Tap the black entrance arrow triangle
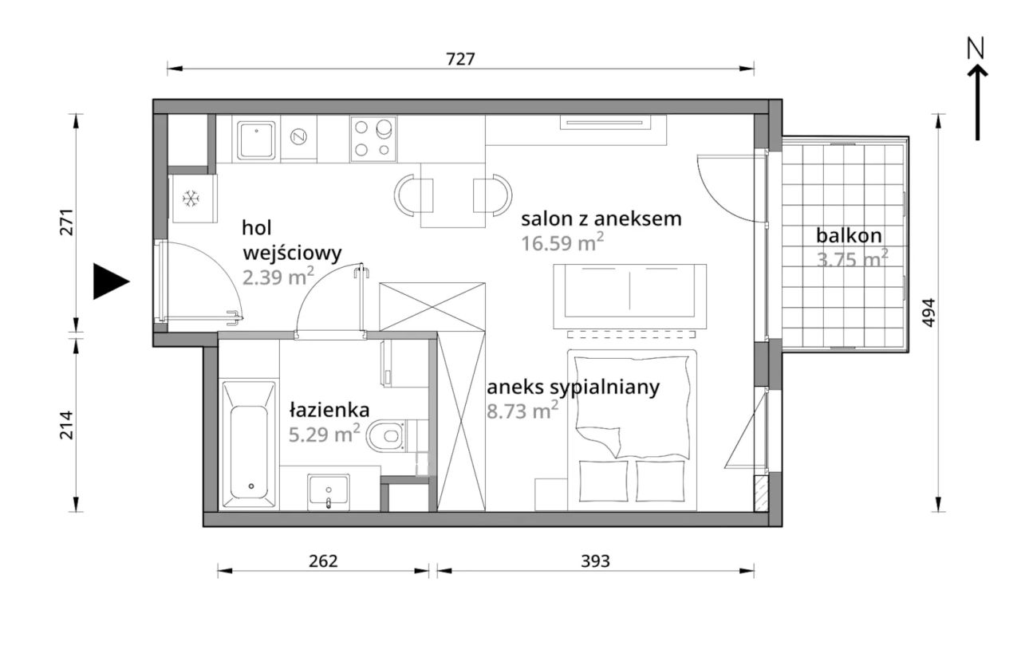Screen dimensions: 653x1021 (x=110, y=281)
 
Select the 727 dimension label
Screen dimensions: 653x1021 (x=460, y=59)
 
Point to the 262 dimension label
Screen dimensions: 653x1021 (x=323, y=561)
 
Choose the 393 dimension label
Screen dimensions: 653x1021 (x=595, y=561)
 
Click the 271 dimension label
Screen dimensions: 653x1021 (x=65, y=222)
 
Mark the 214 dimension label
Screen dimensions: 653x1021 (x=65, y=425)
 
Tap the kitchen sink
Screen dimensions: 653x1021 (x=257, y=140)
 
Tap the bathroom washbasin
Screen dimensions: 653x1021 (x=329, y=490)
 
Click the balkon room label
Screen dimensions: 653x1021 (x=849, y=236)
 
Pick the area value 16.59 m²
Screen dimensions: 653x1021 (x=562, y=243)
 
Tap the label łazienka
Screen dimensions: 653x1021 (x=329, y=411)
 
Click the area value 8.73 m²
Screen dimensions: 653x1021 (x=522, y=411)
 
